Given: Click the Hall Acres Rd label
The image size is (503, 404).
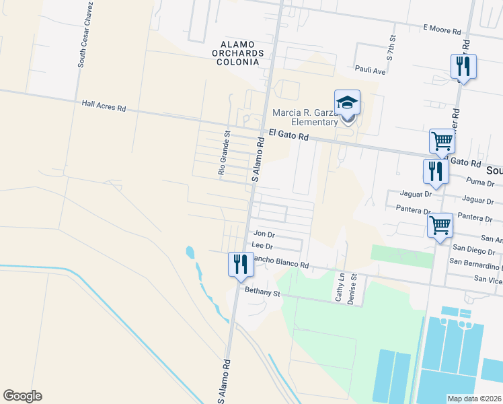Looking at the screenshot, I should point(104,106).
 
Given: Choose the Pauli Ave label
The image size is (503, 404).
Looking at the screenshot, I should point(370,69).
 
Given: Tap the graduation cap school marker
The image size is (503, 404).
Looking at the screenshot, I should point(347,103).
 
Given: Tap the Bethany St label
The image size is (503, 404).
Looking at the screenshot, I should point(262,292).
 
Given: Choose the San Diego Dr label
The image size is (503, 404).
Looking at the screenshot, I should point(477,251).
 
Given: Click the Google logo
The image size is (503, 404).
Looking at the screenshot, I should point(22,396).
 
